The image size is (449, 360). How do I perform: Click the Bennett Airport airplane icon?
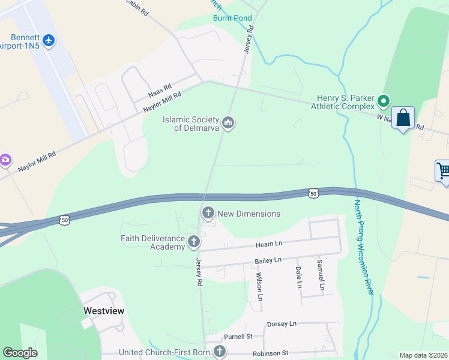tap(48, 41)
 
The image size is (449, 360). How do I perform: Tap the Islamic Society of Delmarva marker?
tap(228, 124)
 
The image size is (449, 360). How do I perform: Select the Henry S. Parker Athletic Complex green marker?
tap(385, 101)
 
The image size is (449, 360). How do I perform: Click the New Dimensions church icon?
tap(208, 213)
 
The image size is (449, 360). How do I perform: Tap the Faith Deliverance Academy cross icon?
tap(193, 242)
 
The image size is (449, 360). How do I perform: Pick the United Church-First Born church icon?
tap(219, 352)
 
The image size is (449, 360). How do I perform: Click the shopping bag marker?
tap(403, 118)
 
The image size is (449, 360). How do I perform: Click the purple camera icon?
tap(5, 159)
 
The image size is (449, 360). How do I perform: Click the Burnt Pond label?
tap(232, 18)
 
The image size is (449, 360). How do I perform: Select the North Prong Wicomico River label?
tap(361, 246)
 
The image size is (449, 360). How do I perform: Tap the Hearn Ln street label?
tap(269, 243)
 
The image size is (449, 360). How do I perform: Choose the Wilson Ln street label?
tap(259, 286)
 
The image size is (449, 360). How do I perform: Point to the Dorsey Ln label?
tap(282, 323)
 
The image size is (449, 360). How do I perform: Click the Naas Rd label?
tap(160, 91)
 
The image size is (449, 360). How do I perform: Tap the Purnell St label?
tap(238, 337)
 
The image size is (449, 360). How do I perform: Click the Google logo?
tap(20, 353)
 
